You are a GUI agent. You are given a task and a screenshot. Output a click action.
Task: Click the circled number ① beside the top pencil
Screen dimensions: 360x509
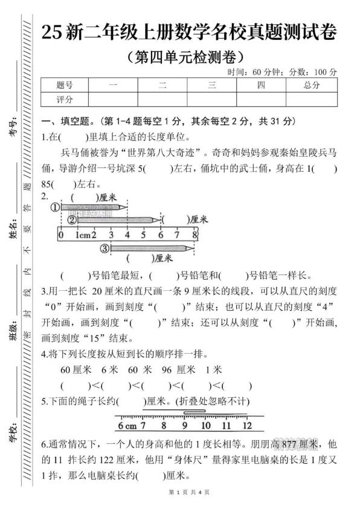point(56,207)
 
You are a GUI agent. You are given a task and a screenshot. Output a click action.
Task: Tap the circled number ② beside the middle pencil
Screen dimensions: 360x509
point(71,220)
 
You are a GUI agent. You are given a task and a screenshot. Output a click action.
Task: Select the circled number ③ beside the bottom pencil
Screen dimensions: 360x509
point(104,248)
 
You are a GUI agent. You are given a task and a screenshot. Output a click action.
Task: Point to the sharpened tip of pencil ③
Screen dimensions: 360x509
point(193,248)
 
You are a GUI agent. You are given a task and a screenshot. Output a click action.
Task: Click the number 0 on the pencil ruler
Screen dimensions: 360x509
point(60,234)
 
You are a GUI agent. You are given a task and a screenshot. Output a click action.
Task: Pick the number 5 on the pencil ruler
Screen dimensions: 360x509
point(144,234)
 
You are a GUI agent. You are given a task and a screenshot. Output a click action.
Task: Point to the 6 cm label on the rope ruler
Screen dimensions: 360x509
point(126,424)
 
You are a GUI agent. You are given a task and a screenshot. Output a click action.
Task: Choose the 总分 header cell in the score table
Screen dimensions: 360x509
point(312,85)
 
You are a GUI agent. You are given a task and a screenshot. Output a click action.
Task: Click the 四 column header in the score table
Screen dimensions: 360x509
point(261,85)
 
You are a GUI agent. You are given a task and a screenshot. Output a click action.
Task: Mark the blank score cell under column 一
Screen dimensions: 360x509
point(113,99)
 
